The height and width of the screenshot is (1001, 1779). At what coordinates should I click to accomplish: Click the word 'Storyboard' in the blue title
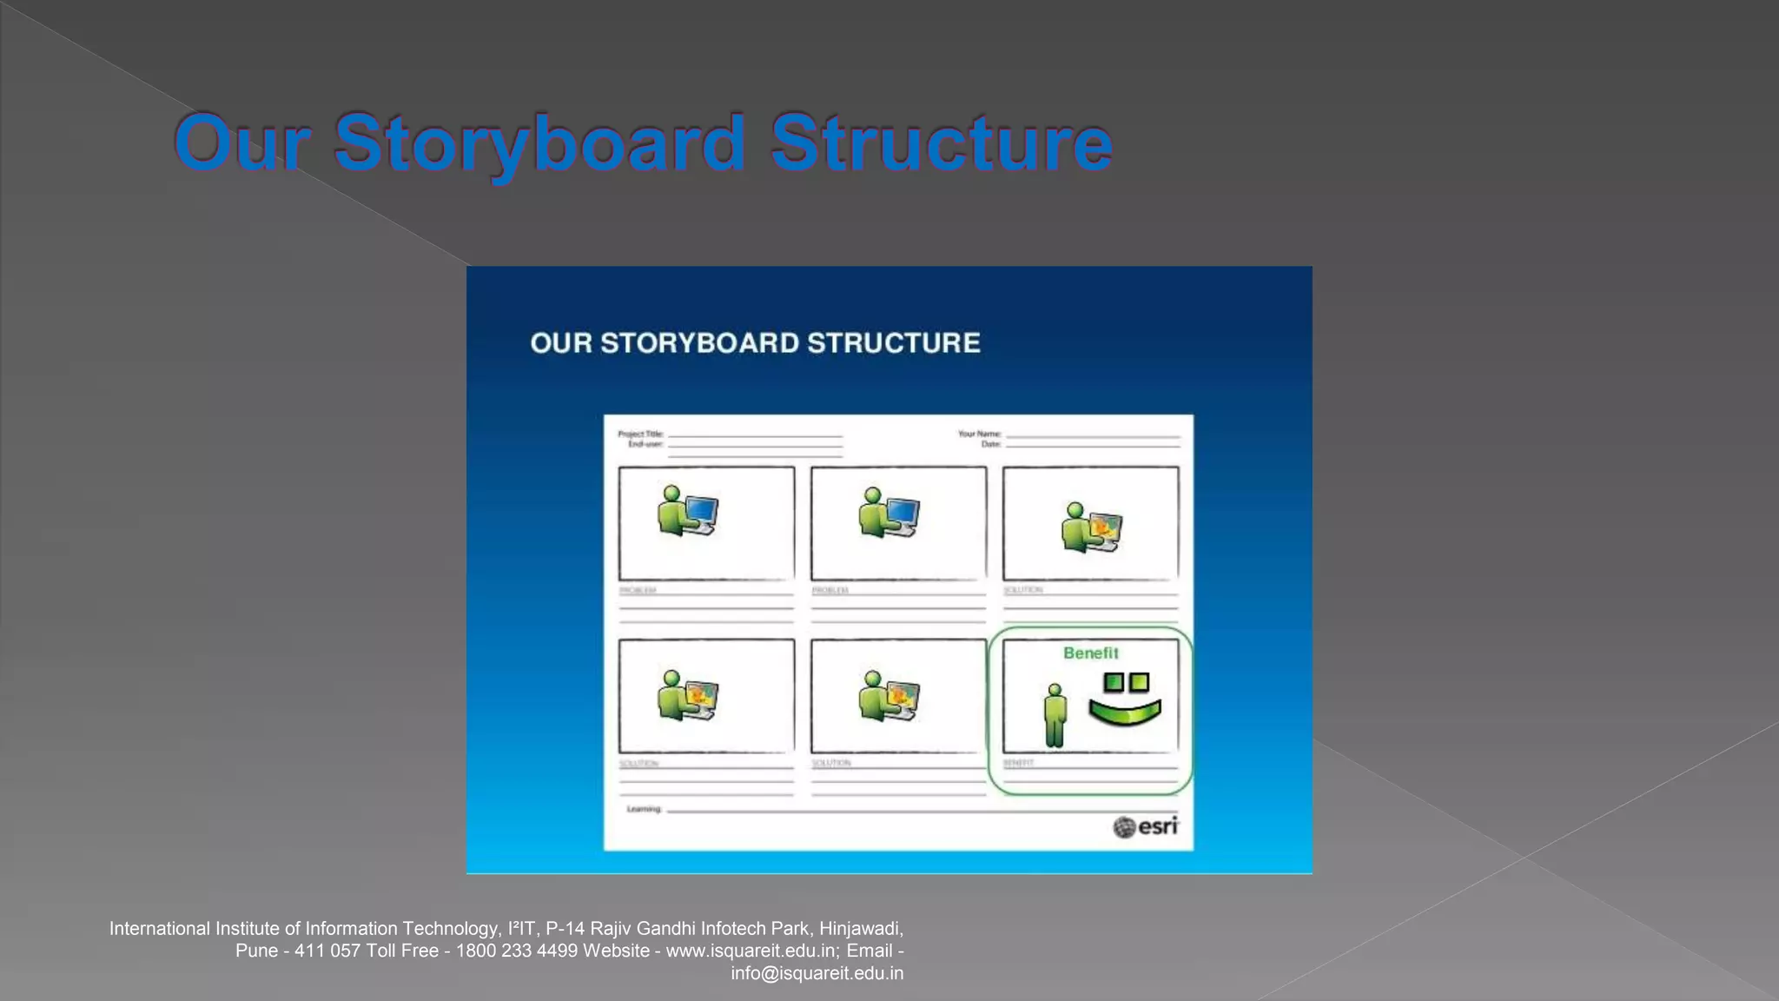coord(539,143)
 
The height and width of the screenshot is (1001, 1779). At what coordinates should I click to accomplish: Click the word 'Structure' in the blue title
coord(941,143)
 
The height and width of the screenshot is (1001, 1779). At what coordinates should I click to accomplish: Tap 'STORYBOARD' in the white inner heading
coord(700,343)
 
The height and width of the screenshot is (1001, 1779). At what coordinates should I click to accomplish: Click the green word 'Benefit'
coord(1090,653)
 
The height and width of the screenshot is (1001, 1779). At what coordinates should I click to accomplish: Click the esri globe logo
coord(1124,827)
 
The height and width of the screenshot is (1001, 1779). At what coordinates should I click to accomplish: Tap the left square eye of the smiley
coord(1113,682)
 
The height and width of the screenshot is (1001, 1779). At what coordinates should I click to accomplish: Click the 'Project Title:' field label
coord(640,434)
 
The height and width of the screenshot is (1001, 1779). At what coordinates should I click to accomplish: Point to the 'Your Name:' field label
coord(979,434)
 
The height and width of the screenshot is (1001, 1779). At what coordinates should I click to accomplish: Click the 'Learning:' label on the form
coord(644,809)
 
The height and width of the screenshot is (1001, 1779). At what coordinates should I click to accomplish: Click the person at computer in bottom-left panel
coord(687,695)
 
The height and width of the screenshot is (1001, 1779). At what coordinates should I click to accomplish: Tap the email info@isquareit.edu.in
coord(817,973)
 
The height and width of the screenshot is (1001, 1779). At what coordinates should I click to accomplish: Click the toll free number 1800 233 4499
coord(516,951)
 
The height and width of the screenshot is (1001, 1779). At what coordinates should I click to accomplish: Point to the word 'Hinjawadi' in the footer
coord(859,928)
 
